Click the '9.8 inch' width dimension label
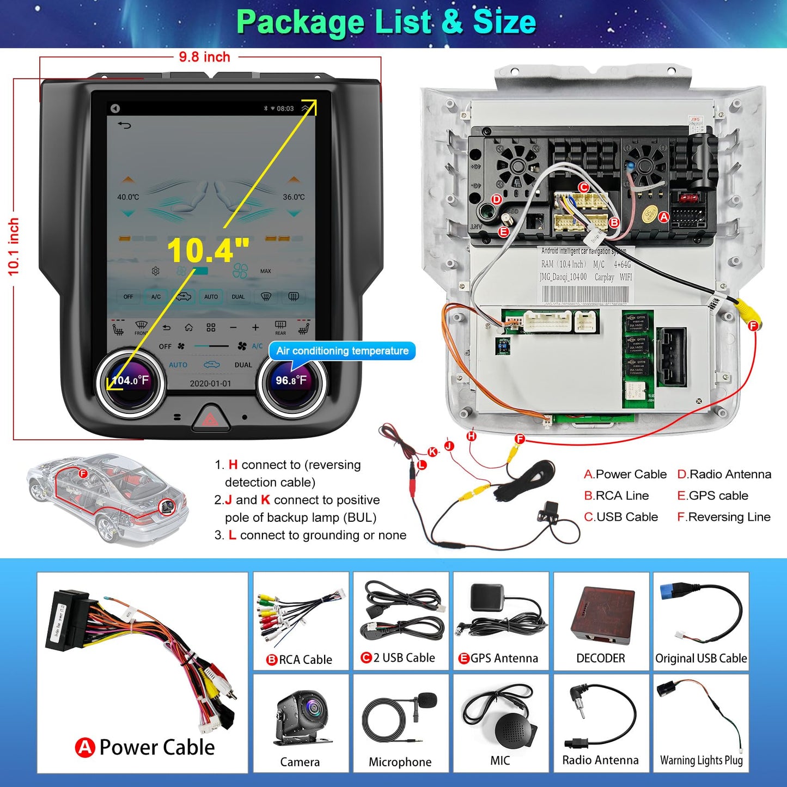(x=204, y=57)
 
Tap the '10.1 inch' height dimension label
(x=14, y=247)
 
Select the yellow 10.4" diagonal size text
(x=208, y=250)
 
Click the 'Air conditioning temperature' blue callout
(x=342, y=351)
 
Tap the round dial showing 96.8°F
(x=291, y=381)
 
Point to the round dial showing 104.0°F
(x=130, y=381)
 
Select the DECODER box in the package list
(x=602, y=613)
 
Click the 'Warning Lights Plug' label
(x=701, y=760)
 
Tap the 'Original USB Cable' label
(x=701, y=658)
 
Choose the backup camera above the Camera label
(x=301, y=717)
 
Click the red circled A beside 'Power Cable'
(x=85, y=747)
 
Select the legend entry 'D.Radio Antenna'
(x=724, y=474)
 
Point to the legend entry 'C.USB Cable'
(x=621, y=517)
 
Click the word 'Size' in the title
(x=504, y=22)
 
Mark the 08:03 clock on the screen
(x=285, y=108)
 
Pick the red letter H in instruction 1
(x=233, y=465)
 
